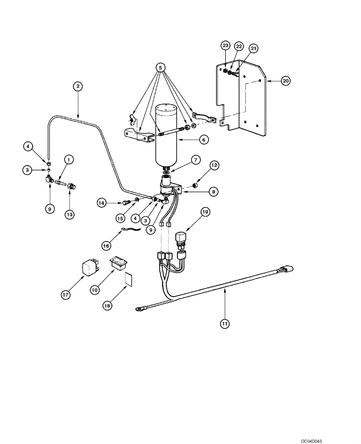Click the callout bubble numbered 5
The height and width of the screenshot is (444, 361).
[x=160, y=67]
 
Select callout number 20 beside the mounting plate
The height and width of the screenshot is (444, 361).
[x=285, y=80]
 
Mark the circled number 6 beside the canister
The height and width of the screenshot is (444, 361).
[x=203, y=139]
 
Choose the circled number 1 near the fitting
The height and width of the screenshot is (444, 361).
[x=68, y=159]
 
